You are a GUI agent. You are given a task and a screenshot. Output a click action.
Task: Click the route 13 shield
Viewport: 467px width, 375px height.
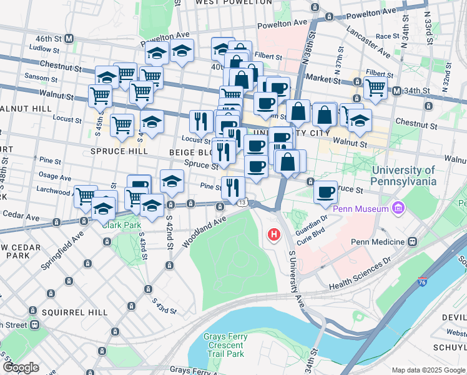(x=243, y=201)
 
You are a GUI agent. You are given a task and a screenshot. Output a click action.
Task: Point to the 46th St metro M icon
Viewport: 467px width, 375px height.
(x=69, y=38)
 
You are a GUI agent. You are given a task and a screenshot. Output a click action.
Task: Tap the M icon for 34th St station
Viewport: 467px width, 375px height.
(x=396, y=91)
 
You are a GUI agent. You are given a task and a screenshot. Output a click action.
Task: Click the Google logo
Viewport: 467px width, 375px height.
(x=21, y=367)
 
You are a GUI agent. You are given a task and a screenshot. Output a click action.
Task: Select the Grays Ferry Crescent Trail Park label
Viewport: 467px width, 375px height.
(x=225, y=345)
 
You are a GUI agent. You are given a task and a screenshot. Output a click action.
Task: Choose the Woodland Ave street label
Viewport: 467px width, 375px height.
(x=204, y=232)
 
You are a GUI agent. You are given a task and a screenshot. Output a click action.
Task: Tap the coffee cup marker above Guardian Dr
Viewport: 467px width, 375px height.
(x=325, y=192)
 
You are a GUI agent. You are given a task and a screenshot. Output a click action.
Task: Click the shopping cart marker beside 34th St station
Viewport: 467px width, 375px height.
(x=375, y=87)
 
